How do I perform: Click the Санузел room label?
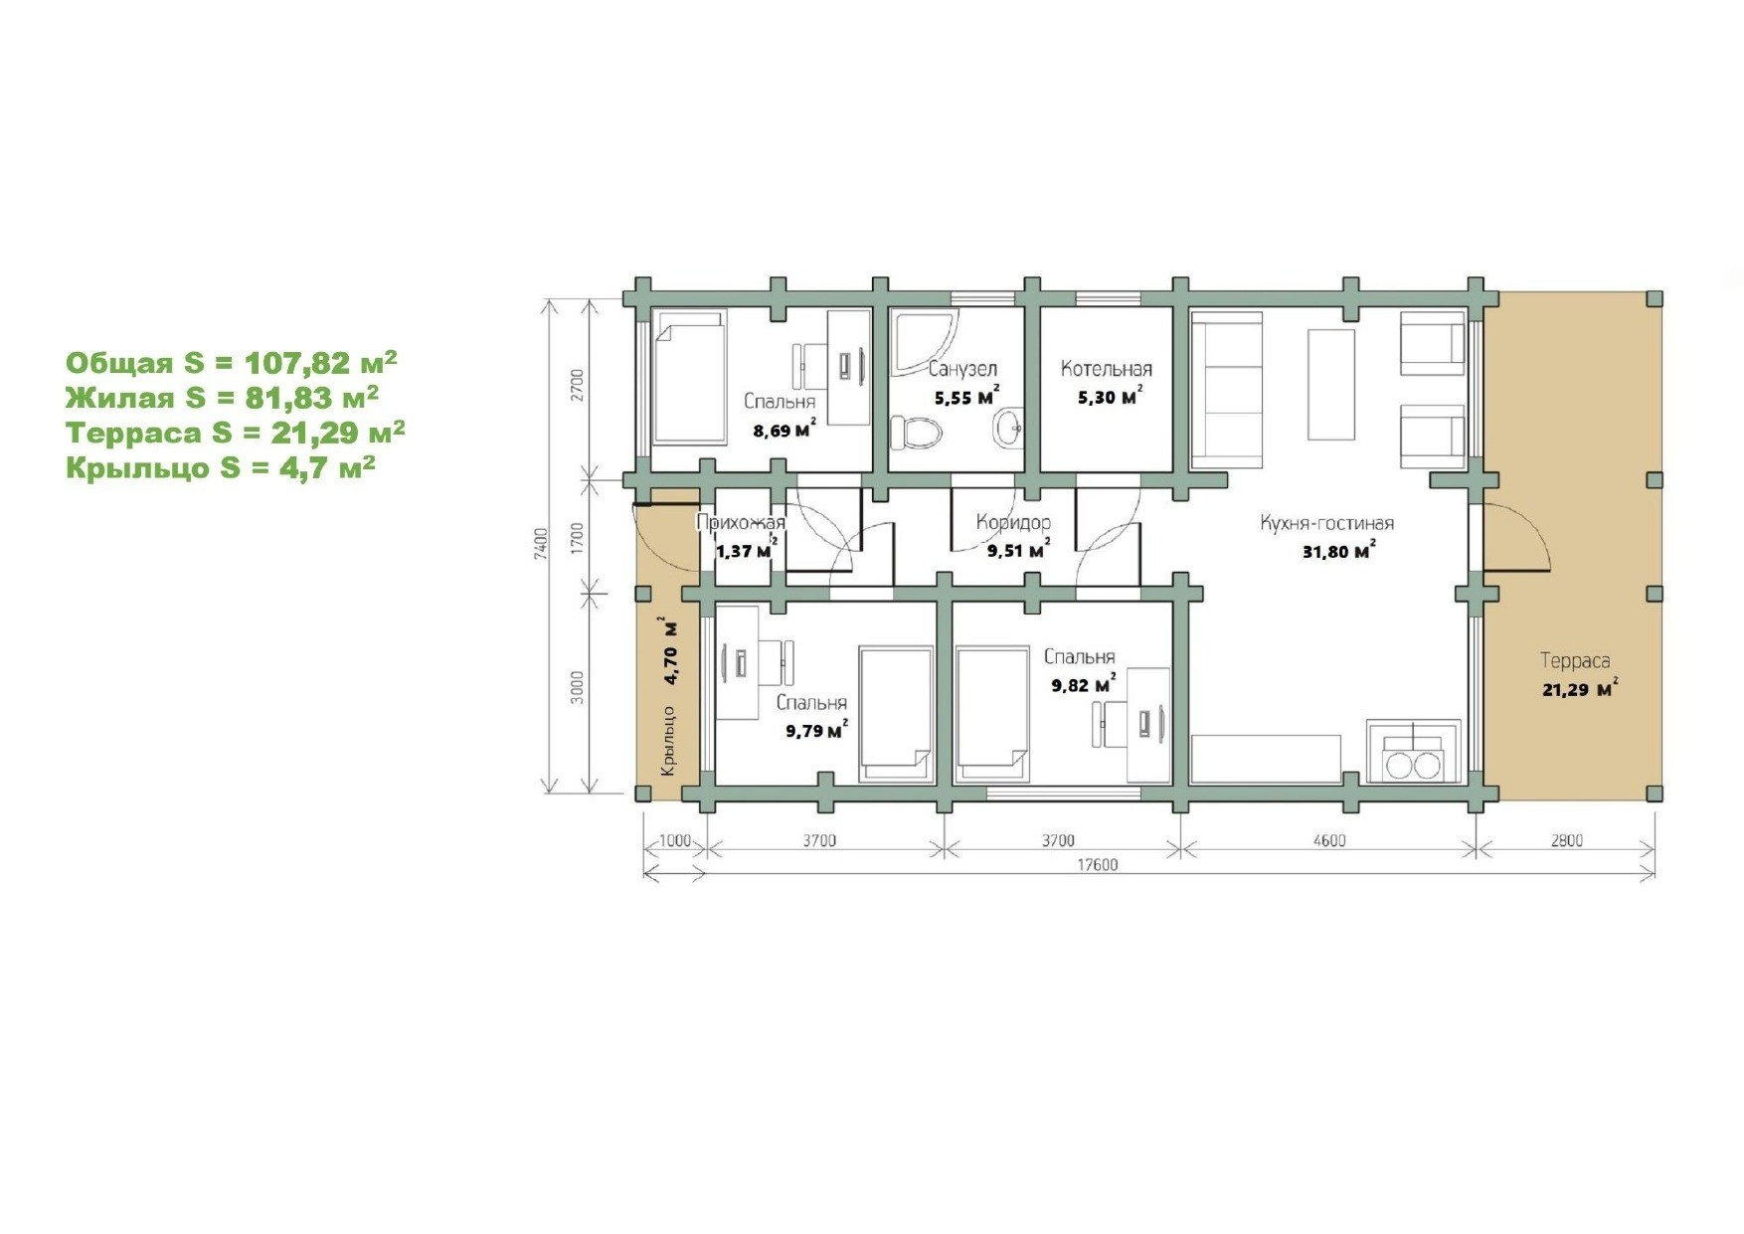coord(962,369)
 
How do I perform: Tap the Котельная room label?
coord(1106,369)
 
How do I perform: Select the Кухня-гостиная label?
coord(1326,523)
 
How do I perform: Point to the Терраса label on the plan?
coord(1575,660)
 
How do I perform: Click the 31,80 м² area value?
coord(1338,550)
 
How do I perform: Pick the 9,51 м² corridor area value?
coord(1018,549)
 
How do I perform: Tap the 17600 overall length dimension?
coord(1098,865)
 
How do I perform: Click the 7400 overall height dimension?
coord(540,545)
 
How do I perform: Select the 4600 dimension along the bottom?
coord(1328,841)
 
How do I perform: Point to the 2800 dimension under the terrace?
coord(1565,841)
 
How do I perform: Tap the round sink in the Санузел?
coord(1008,429)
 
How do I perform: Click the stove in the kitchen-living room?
coord(1414,752)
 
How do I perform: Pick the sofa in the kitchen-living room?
coord(1227,390)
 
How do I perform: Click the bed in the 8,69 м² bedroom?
coord(690,376)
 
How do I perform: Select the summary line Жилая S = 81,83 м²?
coord(222,398)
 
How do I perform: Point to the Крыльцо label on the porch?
coord(668,741)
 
